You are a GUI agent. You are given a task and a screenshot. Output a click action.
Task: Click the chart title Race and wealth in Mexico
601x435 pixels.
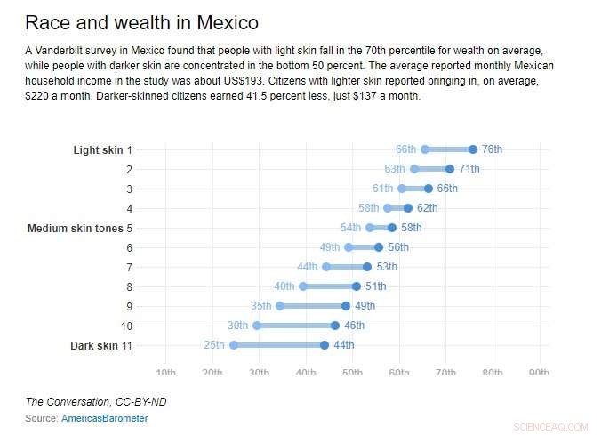coord(141,21)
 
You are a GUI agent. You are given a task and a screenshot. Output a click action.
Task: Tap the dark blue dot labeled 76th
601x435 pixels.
coord(473,149)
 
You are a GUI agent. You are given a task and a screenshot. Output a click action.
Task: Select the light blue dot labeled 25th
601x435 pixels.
coord(234,345)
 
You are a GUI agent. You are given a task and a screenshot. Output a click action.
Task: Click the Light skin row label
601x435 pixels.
coord(98,150)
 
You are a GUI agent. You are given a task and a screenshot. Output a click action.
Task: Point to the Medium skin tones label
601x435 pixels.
coord(76,229)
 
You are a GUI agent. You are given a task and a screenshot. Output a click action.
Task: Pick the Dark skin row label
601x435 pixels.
coord(94,345)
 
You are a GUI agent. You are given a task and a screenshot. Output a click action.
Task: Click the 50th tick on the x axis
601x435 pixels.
coord(352,372)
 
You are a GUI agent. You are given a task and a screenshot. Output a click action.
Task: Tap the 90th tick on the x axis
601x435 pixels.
coord(539,372)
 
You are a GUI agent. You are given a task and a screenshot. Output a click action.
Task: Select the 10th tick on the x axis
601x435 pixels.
coord(165,372)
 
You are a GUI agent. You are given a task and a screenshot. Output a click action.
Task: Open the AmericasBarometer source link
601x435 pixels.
coord(105,418)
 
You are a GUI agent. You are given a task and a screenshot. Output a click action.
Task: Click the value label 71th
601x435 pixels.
coord(469,169)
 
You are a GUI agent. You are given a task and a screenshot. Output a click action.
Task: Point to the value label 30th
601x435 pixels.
coord(237,326)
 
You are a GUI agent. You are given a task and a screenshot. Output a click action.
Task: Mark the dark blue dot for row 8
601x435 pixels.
coord(357,286)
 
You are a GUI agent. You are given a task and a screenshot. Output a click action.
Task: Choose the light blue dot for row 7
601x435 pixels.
coord(326,267)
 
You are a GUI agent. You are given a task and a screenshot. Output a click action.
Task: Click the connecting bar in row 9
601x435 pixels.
coord(313,306)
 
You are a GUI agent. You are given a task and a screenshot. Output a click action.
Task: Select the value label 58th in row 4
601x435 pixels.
coord(369,208)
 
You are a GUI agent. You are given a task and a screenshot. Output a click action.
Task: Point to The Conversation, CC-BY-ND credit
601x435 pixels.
coord(96,402)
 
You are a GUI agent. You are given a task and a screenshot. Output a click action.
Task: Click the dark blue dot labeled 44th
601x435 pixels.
coord(325,345)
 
